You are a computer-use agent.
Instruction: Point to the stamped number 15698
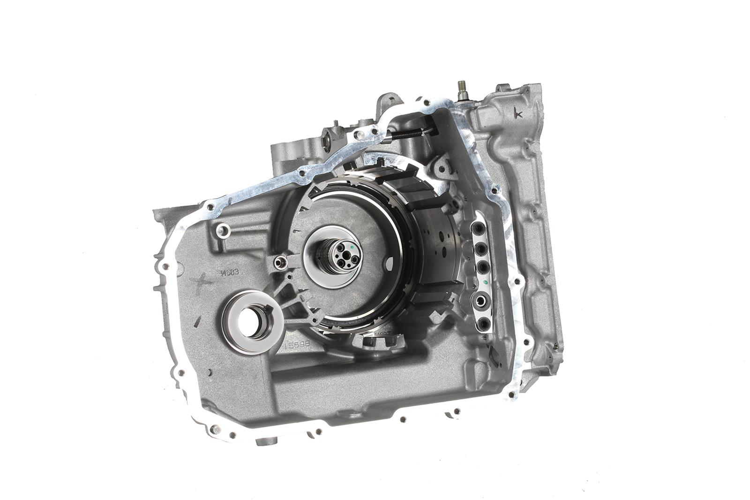[x=297, y=345]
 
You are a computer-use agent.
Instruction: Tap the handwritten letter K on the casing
[x=518, y=113]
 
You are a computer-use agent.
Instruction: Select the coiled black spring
[x=407, y=133]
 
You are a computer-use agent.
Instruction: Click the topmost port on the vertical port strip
[x=479, y=228]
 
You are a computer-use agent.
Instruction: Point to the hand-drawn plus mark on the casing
[x=202, y=283]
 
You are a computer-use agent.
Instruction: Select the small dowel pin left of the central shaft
[x=280, y=262]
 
